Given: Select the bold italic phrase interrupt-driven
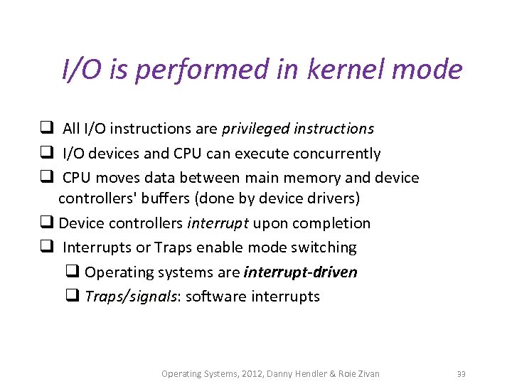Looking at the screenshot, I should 300,272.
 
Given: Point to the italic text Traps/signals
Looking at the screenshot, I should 132,297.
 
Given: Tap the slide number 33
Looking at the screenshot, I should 462,374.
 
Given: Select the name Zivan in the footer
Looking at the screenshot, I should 366,373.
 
